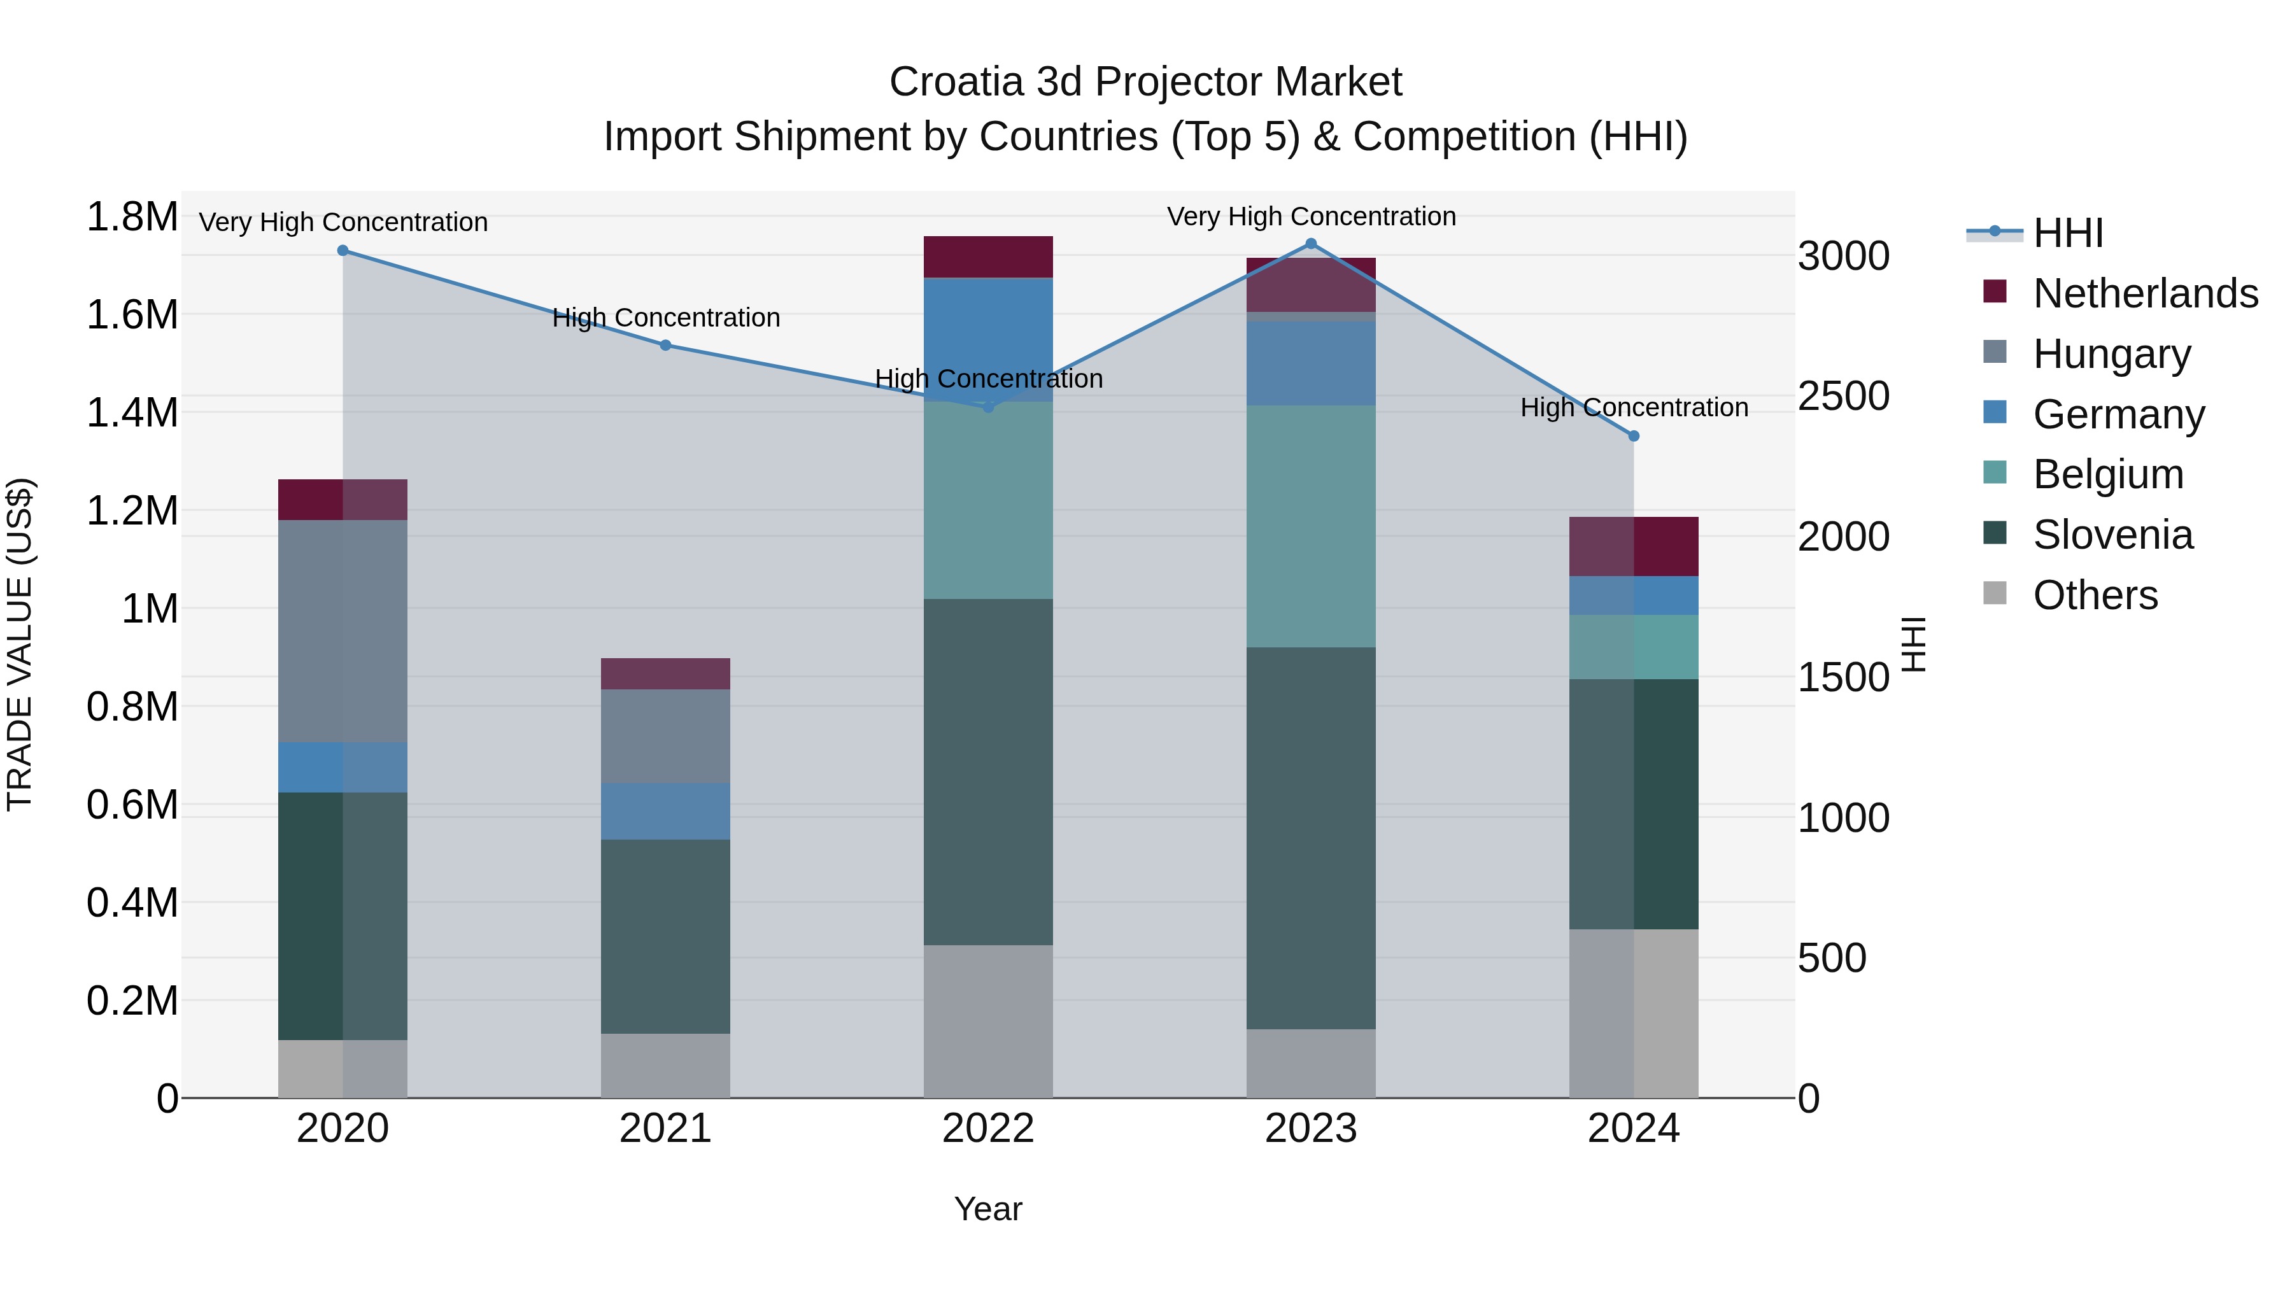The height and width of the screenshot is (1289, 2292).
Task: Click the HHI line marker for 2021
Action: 665,345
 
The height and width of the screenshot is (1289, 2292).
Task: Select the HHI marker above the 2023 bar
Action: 1311,244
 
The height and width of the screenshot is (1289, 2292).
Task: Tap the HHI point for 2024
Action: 1634,436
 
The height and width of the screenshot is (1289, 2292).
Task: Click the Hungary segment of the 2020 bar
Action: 343,631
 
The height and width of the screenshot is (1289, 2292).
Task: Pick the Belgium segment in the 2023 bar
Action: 1311,526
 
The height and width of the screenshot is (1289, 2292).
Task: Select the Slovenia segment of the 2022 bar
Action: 987,771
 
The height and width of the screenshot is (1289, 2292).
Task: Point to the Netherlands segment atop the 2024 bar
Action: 1634,546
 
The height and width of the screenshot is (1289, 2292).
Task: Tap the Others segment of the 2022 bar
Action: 987,1020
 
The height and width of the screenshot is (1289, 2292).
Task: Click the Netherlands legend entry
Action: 2145,293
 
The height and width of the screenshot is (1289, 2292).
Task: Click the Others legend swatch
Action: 1995,593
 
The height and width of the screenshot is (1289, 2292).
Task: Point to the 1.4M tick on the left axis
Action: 132,412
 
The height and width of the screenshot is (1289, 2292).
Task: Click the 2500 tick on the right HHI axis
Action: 1843,396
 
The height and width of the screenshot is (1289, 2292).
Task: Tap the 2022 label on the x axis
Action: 987,1129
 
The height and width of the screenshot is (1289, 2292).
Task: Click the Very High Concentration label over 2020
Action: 343,222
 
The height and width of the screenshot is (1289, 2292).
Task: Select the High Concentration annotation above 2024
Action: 1634,407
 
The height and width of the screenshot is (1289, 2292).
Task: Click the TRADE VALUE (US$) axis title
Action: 20,644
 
